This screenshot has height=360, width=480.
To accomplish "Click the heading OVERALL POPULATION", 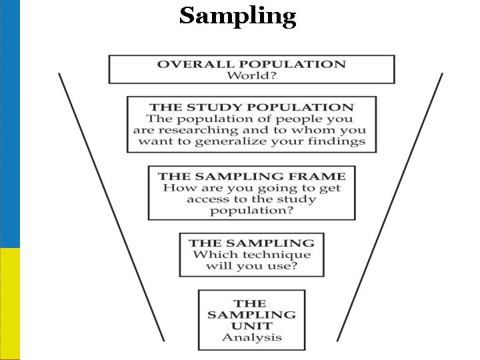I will pos(251,65).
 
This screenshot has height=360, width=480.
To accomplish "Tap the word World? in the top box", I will pos(251,75).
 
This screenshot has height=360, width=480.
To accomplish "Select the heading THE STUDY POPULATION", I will pos(251,107).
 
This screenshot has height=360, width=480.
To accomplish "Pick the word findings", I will pos(342,141).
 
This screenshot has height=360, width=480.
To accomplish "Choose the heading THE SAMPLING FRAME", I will pos(251,177).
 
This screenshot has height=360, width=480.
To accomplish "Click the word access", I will pos(211,199).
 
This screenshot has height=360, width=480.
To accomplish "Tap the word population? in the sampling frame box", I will pos(251,211).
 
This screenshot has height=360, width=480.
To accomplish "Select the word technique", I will pos(279,255).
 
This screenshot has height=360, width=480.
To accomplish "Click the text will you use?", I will pos(251,266).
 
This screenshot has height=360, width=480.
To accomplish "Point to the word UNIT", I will pos(251,325).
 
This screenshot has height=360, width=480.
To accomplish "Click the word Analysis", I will pos(251,337).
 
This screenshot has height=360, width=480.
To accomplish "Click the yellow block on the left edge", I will pos(10,303).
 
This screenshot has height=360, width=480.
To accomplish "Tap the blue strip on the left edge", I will pos(10,123).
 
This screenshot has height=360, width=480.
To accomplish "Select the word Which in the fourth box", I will pos(209,255).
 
